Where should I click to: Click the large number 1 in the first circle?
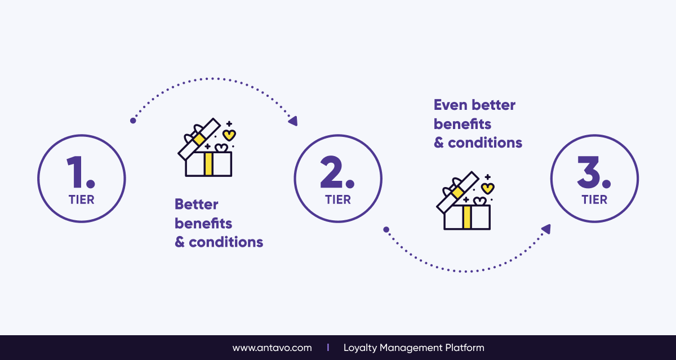coord(74,172)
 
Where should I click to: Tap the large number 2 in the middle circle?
coord(331,172)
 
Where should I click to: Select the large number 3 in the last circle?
coord(588,172)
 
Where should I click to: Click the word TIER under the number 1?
coord(82,200)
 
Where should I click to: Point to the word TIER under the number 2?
coord(338,200)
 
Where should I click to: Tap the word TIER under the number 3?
coord(594,200)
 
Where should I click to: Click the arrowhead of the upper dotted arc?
coord(293,121)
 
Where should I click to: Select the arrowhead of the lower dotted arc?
coord(546,229)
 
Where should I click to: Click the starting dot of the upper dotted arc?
coord(133,121)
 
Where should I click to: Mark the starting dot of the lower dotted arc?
coord(386,230)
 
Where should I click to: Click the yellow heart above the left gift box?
coord(229,135)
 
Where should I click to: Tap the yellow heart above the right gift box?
coord(488,189)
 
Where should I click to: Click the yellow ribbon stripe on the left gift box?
coord(208,164)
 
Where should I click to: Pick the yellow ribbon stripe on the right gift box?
coord(467,217)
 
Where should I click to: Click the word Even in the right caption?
coord(451,105)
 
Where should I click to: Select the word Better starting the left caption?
coord(197,205)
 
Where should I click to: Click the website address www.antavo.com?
coord(272,348)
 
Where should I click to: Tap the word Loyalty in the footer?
coord(361,348)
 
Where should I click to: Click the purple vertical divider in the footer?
coord(328,348)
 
